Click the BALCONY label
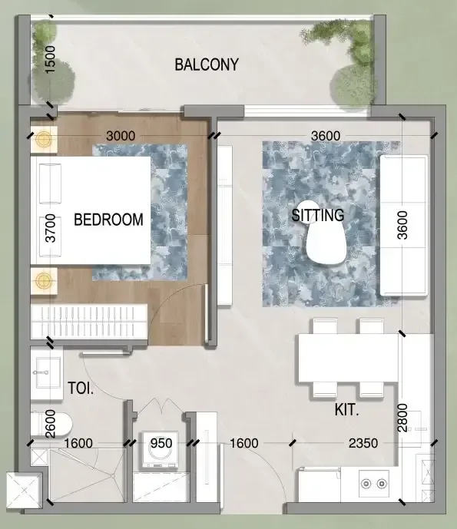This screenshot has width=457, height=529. [207, 64]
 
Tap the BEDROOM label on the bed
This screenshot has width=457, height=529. [108, 220]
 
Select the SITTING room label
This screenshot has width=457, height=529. [318, 216]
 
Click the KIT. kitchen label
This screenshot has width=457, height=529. [346, 409]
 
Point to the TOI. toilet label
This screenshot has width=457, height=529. [81, 388]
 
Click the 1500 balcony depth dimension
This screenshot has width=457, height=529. [50, 60]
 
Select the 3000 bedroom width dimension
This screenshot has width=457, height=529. [121, 136]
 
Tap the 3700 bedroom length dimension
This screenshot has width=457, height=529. [50, 228]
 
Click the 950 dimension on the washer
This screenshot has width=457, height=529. [161, 443]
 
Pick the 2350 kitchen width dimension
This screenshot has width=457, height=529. [363, 443]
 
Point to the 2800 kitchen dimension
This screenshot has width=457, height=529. [402, 418]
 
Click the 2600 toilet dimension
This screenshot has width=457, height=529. [50, 424]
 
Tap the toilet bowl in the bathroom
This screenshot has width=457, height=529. [51, 424]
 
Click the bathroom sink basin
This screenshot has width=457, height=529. [47, 373]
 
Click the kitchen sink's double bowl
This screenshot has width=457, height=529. [373, 484]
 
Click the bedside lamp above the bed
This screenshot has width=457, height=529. [44, 139]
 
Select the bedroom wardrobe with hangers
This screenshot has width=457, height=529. [89, 322]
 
